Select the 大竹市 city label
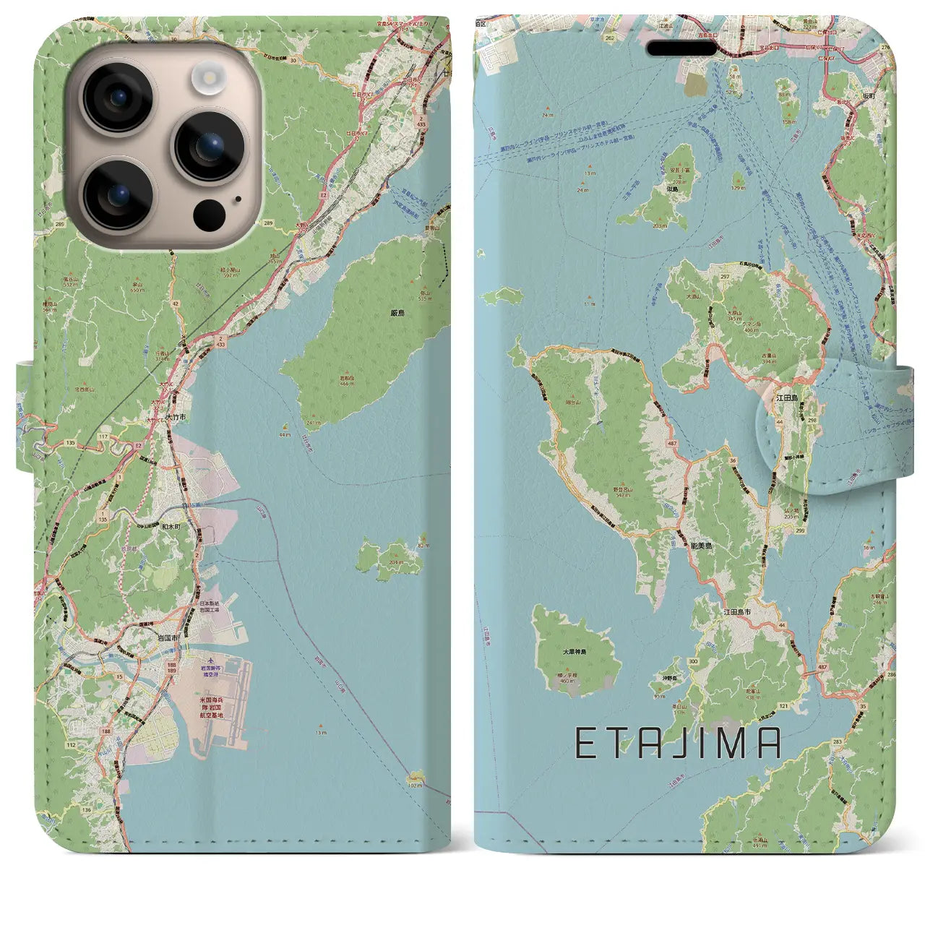(176, 417)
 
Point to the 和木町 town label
(171, 527)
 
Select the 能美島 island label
(698, 548)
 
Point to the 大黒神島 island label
(575, 651)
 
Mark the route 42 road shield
(176, 304)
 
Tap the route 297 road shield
(725, 276)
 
